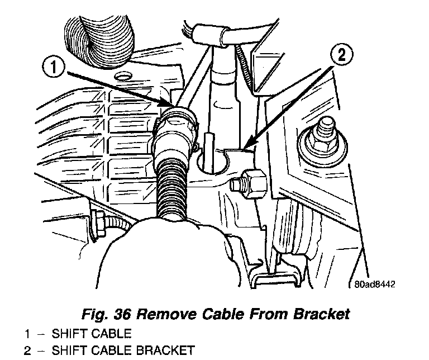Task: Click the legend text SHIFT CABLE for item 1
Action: pos(91,334)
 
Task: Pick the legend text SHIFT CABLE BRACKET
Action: pos(123,351)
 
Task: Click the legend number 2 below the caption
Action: pos(27,351)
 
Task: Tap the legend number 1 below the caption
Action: pos(27,334)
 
